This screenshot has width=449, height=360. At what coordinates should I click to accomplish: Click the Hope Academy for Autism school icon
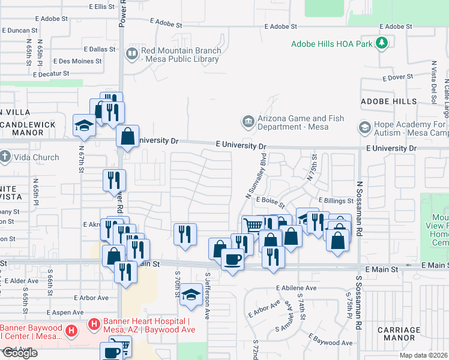[364, 128]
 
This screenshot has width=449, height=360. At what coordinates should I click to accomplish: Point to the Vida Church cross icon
[5, 157]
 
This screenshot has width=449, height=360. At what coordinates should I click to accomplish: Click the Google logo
[19, 353]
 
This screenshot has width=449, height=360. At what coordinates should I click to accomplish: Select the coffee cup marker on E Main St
[232, 259]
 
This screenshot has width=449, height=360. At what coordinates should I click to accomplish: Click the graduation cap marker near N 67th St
[84, 125]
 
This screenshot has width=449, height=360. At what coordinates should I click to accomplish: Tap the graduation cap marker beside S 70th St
[191, 295]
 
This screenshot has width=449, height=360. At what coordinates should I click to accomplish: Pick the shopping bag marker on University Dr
[128, 136]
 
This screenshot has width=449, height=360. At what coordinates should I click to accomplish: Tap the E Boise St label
[269, 200]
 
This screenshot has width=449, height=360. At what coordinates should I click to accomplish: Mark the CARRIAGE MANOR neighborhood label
[399, 334]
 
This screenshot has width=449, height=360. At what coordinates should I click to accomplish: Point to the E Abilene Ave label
[296, 288]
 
